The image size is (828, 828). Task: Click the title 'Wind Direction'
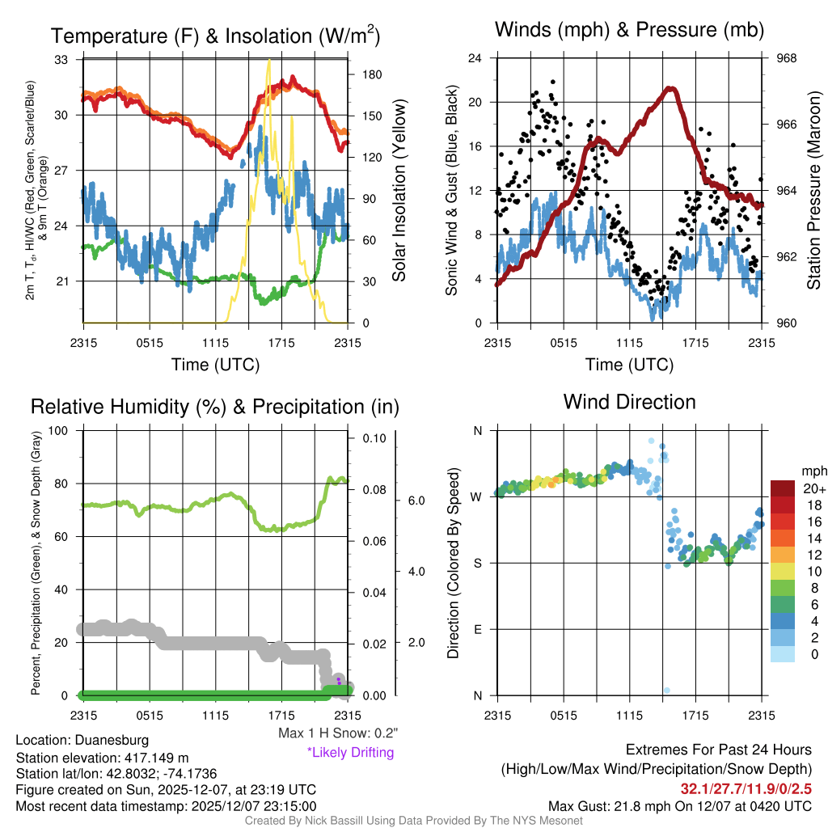(629, 402)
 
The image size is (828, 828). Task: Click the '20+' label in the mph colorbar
(813, 488)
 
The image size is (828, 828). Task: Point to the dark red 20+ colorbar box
(784, 488)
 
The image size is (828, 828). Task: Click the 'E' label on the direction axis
(477, 629)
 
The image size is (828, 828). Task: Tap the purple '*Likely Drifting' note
(350, 752)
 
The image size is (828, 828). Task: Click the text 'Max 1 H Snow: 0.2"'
(337, 733)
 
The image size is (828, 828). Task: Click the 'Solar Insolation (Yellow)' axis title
(399, 191)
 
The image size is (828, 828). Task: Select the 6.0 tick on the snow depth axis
(416, 501)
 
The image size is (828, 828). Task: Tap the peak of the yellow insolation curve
(268, 61)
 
